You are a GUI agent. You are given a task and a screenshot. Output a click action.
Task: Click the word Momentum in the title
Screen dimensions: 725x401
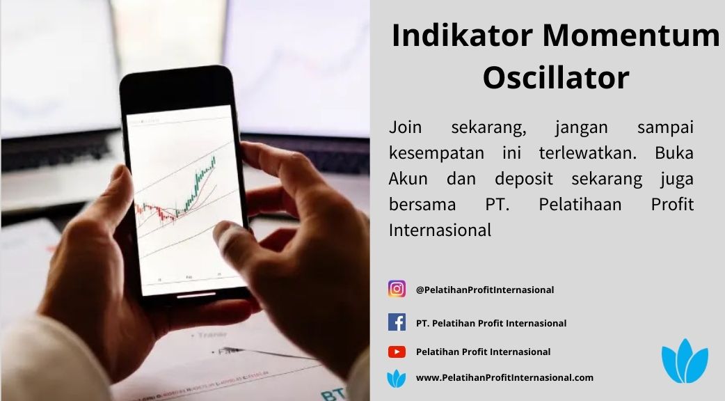click(631, 35)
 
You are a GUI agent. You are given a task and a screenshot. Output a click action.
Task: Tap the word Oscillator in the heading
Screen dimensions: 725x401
click(556, 77)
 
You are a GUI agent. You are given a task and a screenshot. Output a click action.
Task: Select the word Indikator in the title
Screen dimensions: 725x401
click(462, 35)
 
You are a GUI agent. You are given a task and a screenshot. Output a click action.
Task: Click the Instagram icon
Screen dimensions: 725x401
click(397, 289)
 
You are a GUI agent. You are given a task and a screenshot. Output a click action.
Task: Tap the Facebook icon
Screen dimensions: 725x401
click(397, 322)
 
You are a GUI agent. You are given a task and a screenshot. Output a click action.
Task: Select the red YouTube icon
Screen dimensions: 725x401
click(397, 352)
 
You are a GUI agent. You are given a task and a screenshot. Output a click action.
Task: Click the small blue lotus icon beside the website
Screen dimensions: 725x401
click(397, 378)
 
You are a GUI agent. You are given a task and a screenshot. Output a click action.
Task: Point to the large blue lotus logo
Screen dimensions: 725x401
click(685, 361)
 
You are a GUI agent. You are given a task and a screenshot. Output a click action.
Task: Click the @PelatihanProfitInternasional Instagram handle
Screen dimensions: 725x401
click(484, 290)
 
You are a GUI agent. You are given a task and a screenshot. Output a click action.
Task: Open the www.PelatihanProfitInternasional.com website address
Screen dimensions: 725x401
click(504, 377)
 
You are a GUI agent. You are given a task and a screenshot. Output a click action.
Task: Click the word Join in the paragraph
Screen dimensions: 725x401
click(405, 127)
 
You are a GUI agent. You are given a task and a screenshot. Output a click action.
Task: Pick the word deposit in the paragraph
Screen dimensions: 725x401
click(523, 179)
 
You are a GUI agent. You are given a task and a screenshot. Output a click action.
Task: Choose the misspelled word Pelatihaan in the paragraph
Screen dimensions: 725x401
click(580, 204)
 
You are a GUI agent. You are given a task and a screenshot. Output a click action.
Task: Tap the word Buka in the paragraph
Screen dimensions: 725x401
click(674, 152)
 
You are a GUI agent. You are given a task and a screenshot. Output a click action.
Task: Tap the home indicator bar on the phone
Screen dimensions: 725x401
click(196, 294)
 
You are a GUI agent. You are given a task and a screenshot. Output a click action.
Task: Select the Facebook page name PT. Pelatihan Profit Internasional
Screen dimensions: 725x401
click(491, 323)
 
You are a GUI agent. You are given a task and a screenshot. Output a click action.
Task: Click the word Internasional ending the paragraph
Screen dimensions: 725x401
click(440, 230)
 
